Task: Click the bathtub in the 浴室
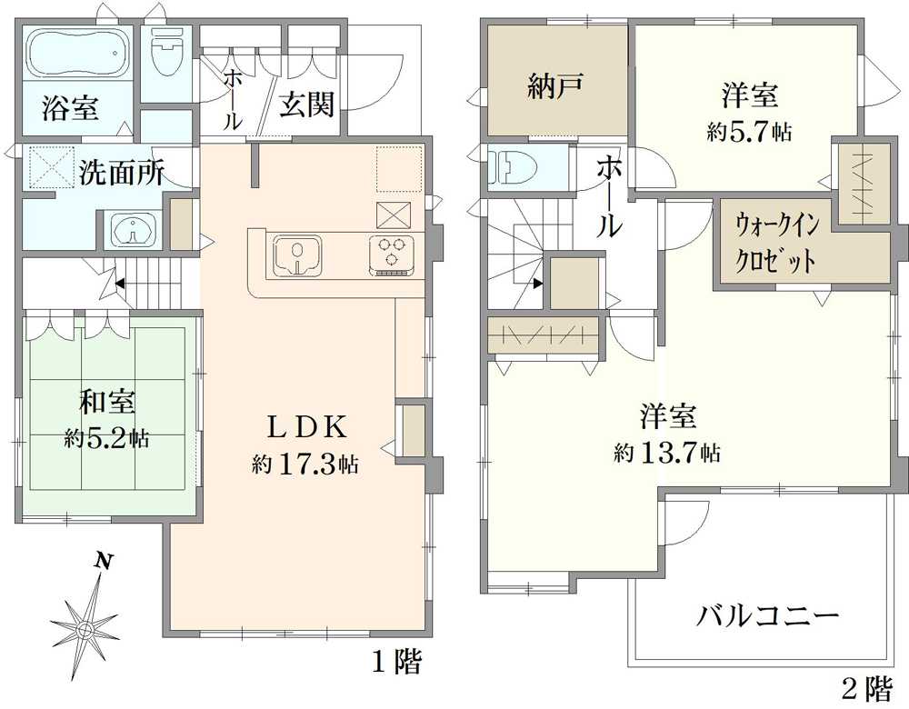(x=77, y=54)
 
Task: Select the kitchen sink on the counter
(x=297, y=255)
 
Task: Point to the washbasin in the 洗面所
(x=134, y=230)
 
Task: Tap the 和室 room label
(x=107, y=402)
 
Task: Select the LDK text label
(x=306, y=428)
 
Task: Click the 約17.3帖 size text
(x=305, y=464)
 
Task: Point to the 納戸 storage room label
(x=555, y=87)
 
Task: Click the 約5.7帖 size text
(x=748, y=132)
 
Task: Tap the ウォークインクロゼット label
(x=777, y=243)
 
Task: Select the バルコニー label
(x=767, y=615)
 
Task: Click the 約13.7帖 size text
(x=667, y=452)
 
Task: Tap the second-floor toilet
(x=514, y=167)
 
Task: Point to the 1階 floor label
(x=397, y=662)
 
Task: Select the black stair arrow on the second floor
(x=538, y=284)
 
